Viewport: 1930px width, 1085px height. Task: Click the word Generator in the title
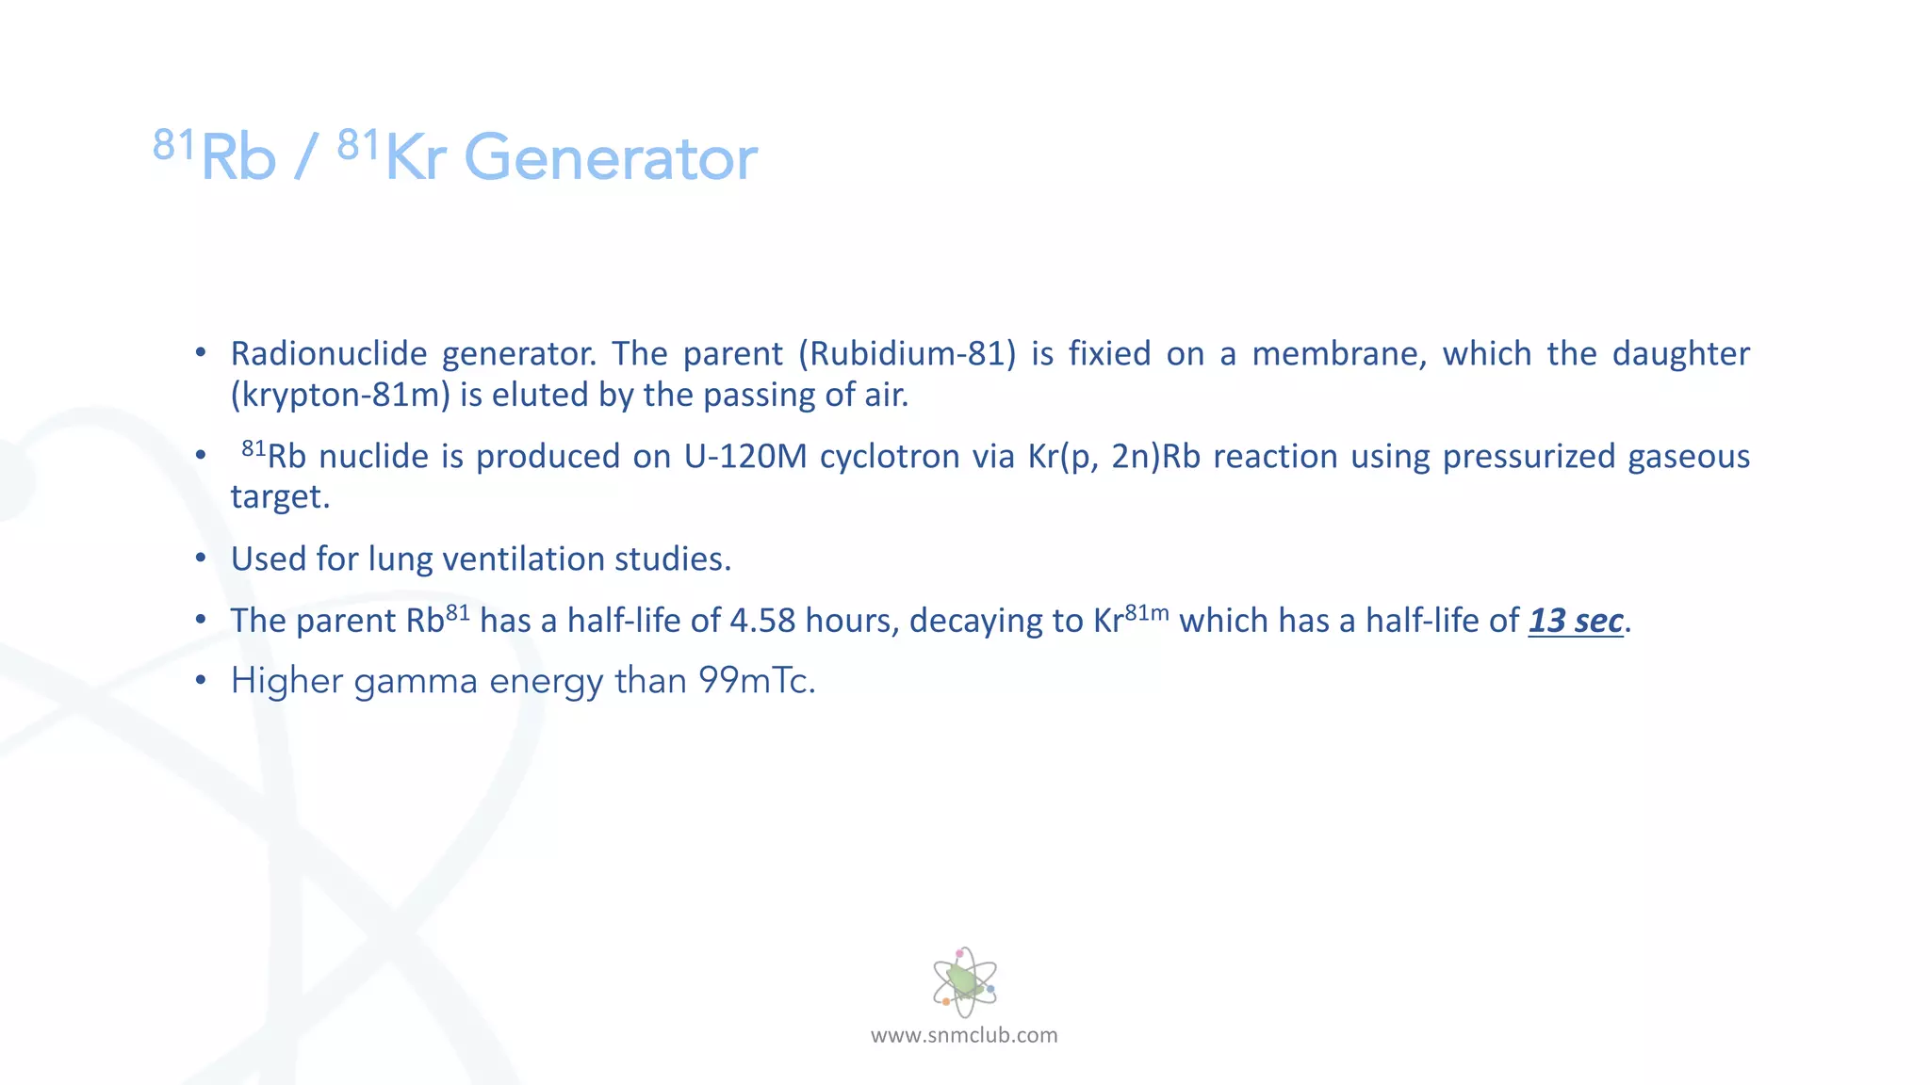coord(611,158)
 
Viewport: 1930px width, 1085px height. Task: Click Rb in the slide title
coord(237,158)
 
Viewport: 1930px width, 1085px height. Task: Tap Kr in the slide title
coord(415,158)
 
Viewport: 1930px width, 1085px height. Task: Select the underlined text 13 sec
coord(1575,621)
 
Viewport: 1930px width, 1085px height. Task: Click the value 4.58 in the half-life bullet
coord(762,621)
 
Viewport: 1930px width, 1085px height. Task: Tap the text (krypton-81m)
coord(340,395)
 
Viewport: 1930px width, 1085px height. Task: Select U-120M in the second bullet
coord(745,457)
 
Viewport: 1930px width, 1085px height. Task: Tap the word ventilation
coord(523,559)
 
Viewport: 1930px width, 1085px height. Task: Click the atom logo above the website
coord(964,982)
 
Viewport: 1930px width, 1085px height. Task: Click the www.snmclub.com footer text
coord(964,1035)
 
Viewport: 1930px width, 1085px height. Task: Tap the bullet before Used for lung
coord(201,559)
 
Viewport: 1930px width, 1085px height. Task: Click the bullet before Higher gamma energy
coord(201,681)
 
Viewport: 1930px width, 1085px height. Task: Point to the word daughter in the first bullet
coord(1680,354)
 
